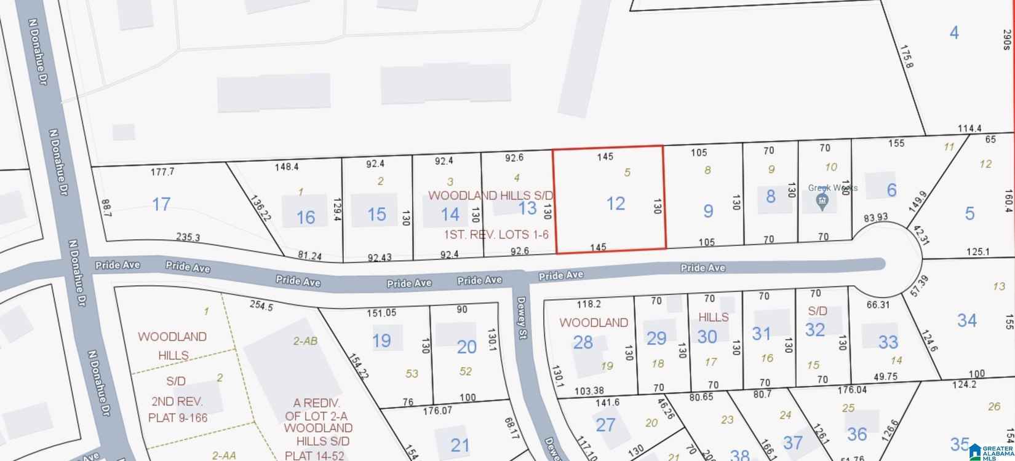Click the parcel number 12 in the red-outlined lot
point(616,203)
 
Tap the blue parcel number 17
point(161,204)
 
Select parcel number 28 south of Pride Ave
point(583,342)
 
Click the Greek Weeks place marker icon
point(821,201)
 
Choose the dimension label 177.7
point(162,171)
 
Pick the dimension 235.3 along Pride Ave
point(188,237)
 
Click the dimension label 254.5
point(261,305)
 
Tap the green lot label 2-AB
point(305,341)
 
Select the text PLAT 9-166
point(178,418)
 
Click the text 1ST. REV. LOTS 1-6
point(496,234)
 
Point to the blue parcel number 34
point(967,320)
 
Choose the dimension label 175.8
point(907,73)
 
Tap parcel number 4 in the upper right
point(954,32)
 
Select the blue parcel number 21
point(460,445)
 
